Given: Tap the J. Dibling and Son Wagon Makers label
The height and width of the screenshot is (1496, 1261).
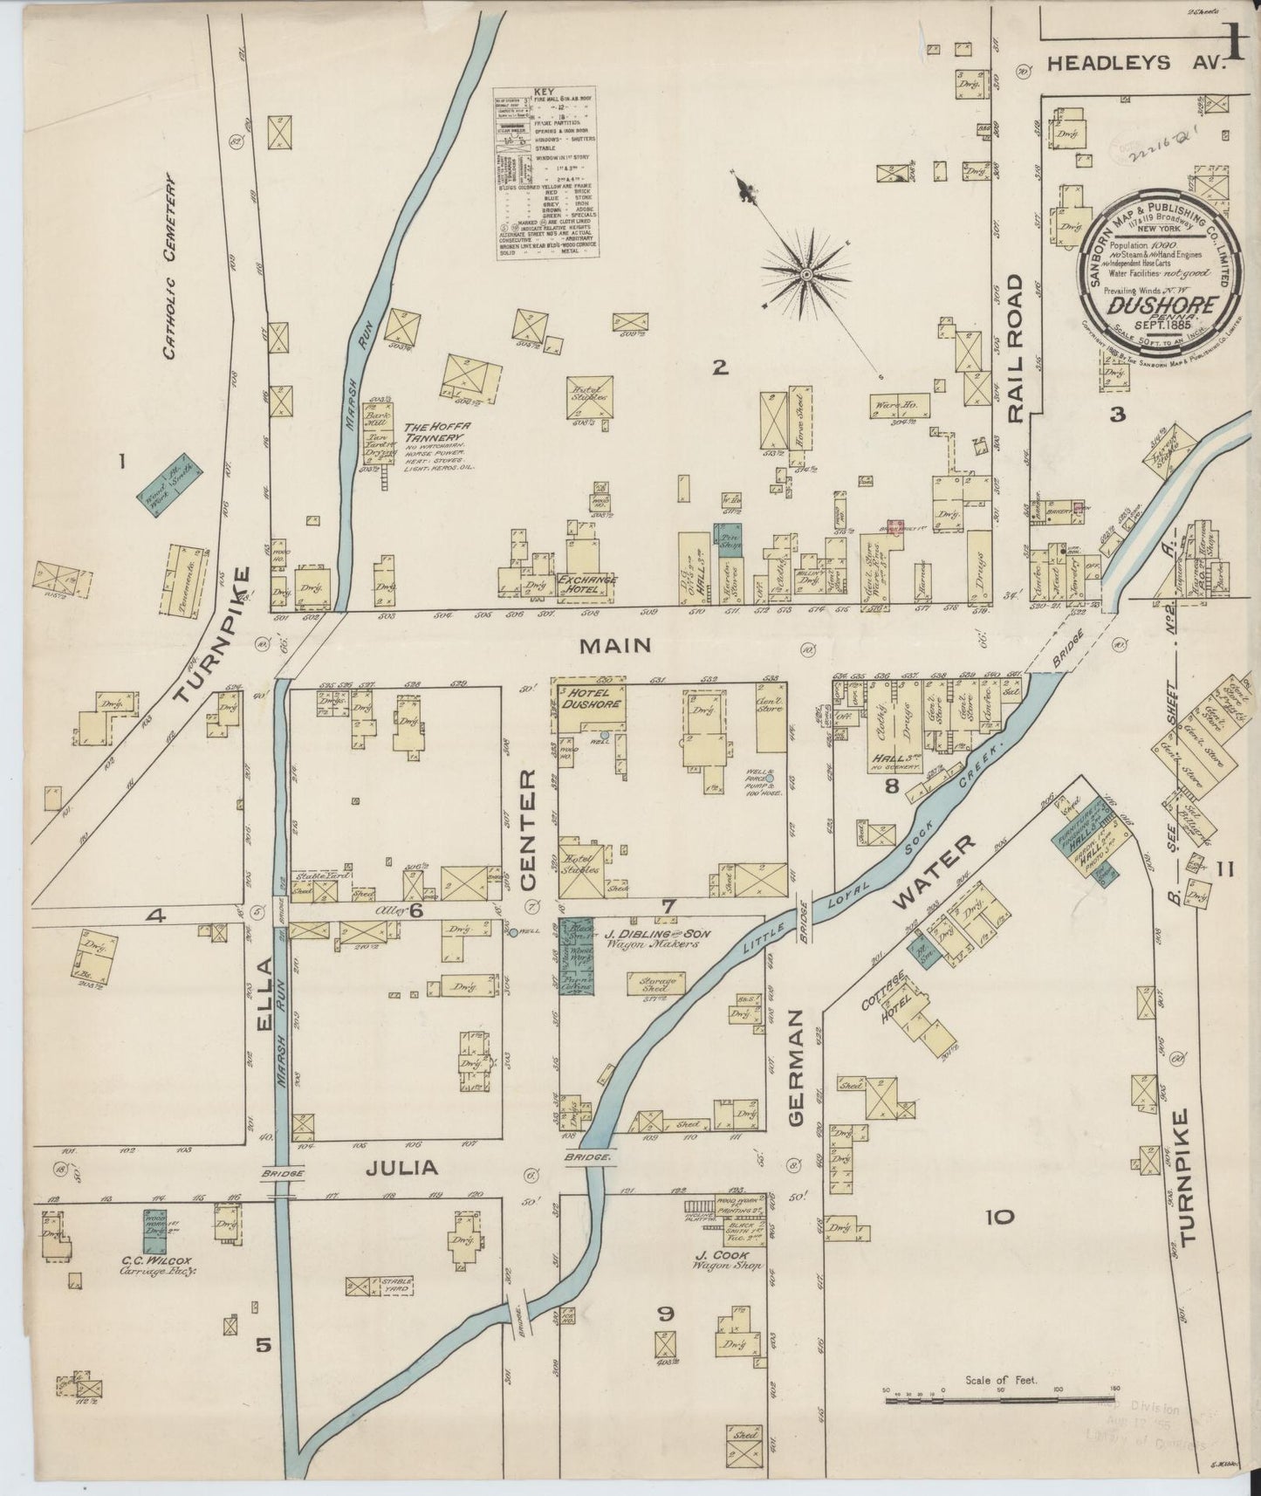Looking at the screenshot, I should click(x=656, y=939).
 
